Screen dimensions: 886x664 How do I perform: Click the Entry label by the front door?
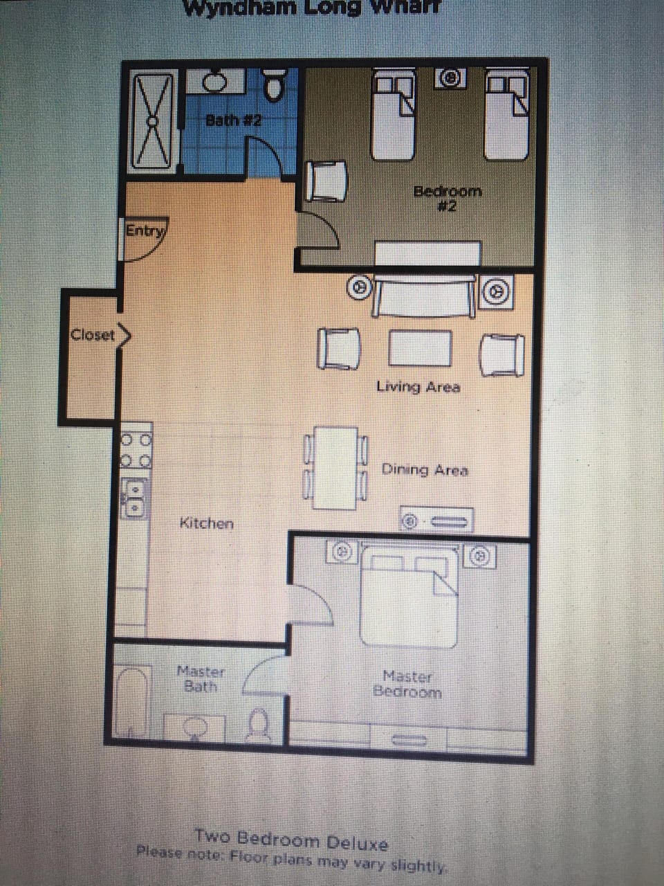click(x=144, y=231)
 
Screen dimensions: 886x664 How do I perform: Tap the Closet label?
click(x=93, y=335)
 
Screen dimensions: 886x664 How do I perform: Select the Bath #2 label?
click(x=234, y=120)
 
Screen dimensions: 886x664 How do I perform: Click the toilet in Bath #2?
click(x=275, y=84)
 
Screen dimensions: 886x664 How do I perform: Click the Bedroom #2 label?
click(x=447, y=197)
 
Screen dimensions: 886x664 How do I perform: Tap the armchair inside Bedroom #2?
click(x=324, y=182)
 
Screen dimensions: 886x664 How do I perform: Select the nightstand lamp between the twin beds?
click(x=450, y=79)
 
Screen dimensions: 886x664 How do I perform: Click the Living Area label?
click(x=418, y=386)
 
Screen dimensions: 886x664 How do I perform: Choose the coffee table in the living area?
click(x=419, y=347)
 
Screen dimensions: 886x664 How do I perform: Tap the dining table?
click(x=335, y=468)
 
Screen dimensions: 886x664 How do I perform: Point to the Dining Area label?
click(x=425, y=470)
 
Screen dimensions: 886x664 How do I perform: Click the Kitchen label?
click(x=206, y=523)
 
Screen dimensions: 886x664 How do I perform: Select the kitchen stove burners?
click(x=136, y=449)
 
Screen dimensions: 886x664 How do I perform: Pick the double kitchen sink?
click(x=135, y=498)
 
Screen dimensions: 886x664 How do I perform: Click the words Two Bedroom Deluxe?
click(x=291, y=840)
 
